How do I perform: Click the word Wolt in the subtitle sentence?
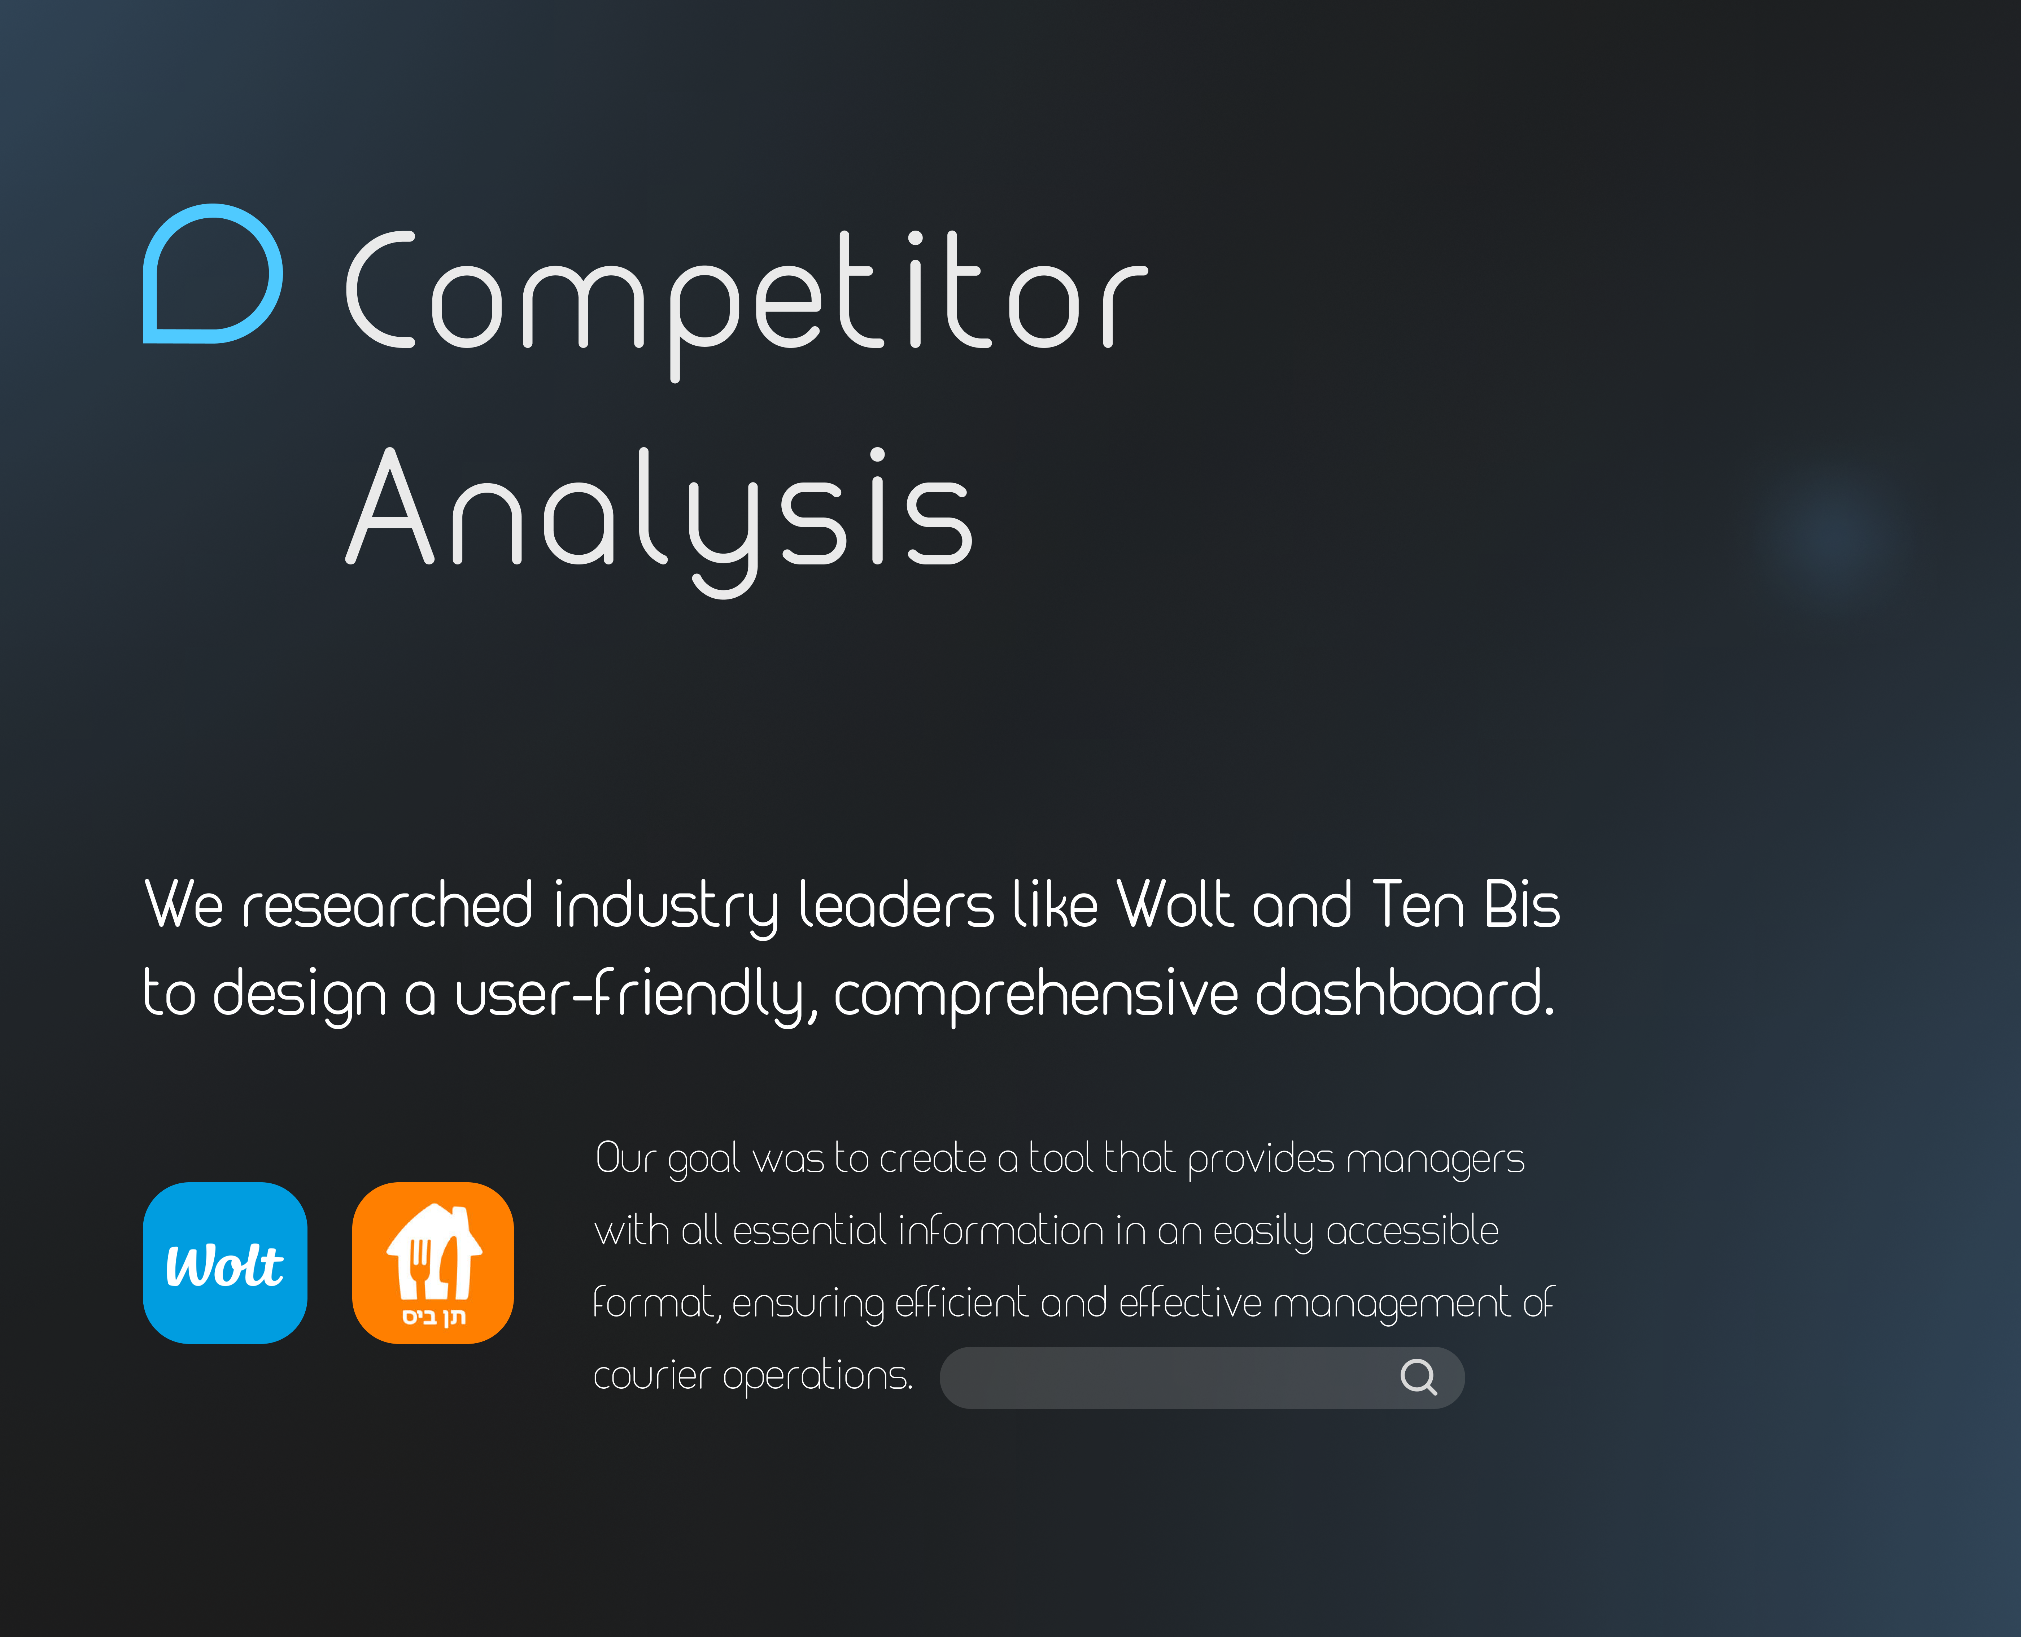tap(1174, 905)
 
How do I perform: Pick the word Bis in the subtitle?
tap(1521, 905)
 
